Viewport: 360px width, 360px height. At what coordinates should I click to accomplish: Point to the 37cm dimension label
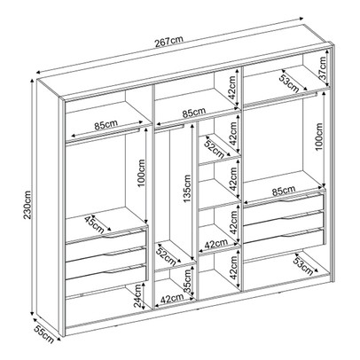(325, 68)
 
